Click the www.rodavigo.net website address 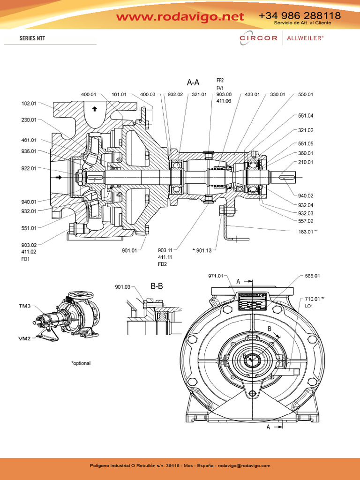point(180,17)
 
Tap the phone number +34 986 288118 point(300,15)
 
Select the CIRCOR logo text point(258,38)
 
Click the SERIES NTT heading point(32,38)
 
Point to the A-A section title point(193,83)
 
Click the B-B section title point(157,286)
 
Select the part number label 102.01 point(29,104)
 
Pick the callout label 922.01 point(29,168)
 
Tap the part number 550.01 point(306,95)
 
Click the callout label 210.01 point(306,162)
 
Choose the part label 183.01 point(306,232)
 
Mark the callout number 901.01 point(129,250)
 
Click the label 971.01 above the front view point(216,277)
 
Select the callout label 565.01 point(312,277)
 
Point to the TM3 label point(25,306)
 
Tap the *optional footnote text point(81,363)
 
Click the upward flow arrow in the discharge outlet point(95,109)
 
